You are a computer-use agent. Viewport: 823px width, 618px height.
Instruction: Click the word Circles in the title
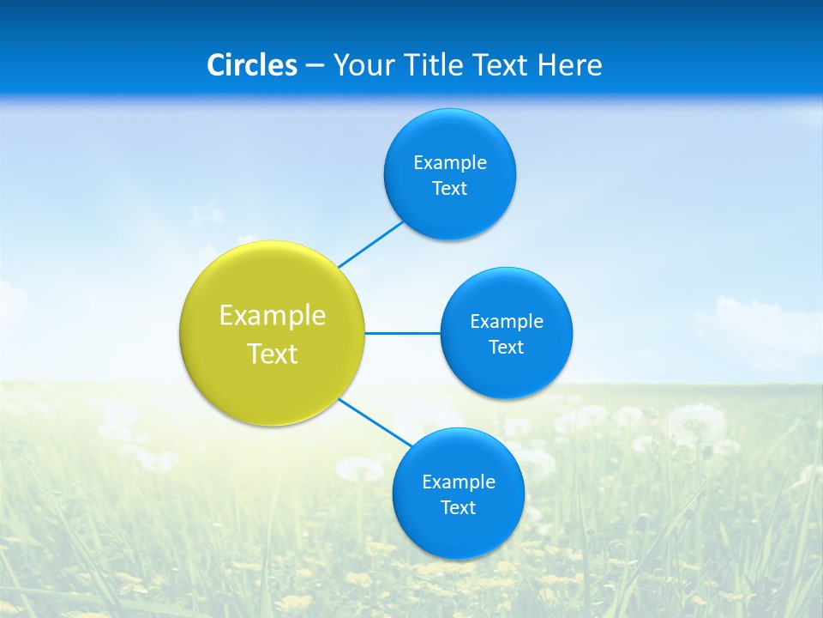pyautogui.click(x=251, y=65)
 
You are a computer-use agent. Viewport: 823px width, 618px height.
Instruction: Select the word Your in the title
pyautogui.click(x=359, y=65)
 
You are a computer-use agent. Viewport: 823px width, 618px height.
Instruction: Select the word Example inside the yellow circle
pyautogui.click(x=273, y=315)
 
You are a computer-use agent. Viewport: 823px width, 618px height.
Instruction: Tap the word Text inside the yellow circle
pyautogui.click(x=273, y=354)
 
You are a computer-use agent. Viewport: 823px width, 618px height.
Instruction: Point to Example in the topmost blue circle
pyautogui.click(x=450, y=162)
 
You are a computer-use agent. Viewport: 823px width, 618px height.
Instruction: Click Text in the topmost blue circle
pyautogui.click(x=450, y=189)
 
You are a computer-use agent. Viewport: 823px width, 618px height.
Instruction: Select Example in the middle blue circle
pyautogui.click(x=507, y=321)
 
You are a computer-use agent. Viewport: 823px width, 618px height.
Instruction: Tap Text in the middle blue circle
pyautogui.click(x=507, y=348)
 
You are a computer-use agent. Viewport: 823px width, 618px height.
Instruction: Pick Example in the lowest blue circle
pyautogui.click(x=459, y=482)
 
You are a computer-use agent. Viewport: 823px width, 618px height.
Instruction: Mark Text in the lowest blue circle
pyautogui.click(x=459, y=508)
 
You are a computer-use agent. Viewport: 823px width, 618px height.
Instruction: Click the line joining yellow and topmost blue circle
pyautogui.click(x=370, y=245)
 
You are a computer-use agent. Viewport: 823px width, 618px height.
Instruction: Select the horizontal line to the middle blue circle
pyautogui.click(x=403, y=333)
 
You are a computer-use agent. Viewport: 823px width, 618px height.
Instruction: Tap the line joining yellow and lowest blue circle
pyautogui.click(x=374, y=422)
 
